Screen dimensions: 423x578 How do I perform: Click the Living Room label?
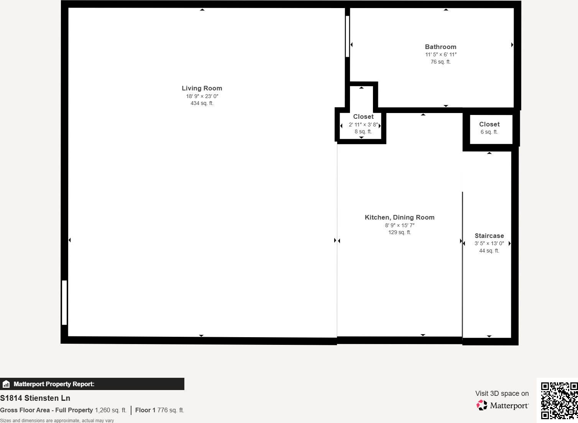tap(202, 88)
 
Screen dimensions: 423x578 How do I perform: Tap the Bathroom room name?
tap(440, 47)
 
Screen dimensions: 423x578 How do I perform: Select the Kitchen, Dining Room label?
tap(399, 217)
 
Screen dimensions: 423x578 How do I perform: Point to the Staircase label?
tap(489, 236)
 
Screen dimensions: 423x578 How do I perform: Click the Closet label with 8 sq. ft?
tap(363, 116)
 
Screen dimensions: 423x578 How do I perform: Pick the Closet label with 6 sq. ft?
tap(489, 124)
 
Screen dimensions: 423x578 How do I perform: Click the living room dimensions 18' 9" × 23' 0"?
tap(202, 96)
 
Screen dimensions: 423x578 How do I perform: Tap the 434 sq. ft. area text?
tap(202, 103)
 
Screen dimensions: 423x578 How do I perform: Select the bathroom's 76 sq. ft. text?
tap(440, 62)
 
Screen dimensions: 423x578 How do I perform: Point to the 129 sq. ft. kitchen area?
tap(399, 232)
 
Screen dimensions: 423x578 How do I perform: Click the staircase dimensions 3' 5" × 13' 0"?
tap(489, 243)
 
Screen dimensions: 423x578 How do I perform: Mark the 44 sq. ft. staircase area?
tap(489, 251)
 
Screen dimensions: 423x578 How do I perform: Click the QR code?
tap(559, 400)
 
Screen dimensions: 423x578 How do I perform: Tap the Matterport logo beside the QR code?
tap(502, 405)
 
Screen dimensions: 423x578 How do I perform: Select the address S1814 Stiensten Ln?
tap(35, 398)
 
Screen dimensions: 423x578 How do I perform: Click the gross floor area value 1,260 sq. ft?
tap(110, 410)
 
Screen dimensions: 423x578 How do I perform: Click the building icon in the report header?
tap(6, 384)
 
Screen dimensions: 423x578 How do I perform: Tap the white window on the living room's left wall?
tap(64, 303)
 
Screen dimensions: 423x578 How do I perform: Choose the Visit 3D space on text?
tap(502, 393)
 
